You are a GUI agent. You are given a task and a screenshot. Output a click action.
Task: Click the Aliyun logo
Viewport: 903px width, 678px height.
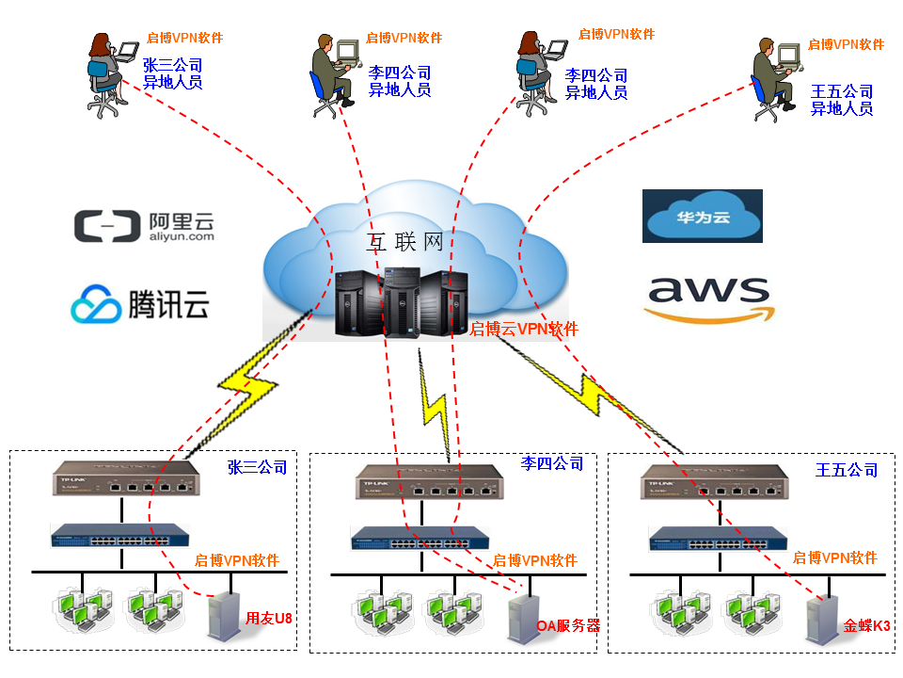coord(143,226)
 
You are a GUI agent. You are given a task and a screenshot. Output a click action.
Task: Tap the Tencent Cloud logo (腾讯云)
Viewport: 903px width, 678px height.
coord(139,304)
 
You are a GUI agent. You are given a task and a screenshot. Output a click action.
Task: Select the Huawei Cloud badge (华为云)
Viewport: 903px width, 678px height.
coord(702,217)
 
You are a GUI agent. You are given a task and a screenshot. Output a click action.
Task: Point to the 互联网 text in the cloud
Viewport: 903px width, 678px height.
coord(404,242)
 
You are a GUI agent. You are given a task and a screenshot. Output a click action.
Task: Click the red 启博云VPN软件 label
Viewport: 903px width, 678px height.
coord(524,329)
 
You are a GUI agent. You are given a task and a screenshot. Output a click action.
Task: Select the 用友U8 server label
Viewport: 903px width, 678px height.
coord(269,619)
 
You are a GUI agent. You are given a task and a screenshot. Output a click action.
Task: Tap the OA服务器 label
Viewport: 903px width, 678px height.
coord(567,625)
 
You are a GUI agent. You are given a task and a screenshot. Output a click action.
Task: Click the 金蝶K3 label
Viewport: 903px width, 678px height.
coord(866,625)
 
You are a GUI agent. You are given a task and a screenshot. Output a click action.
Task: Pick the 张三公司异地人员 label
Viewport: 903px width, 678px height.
coord(172,73)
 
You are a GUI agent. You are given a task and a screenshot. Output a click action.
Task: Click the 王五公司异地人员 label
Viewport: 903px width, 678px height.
coord(842,100)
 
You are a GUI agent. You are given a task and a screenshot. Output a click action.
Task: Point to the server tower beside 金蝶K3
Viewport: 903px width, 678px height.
coord(821,619)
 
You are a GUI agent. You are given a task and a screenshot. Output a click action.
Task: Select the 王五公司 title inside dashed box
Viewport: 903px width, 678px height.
coord(847,469)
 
